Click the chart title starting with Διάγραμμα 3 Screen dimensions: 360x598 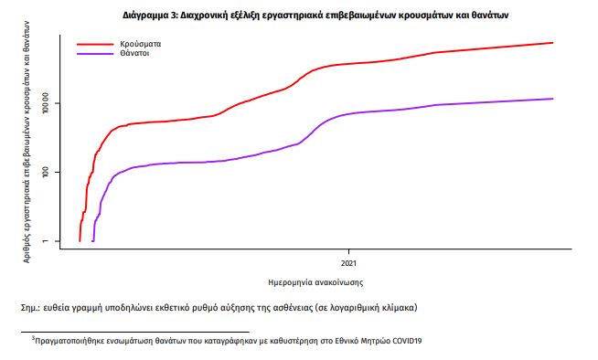point(315,16)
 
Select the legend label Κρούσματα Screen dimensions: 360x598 point(140,43)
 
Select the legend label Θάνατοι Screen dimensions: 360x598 point(133,54)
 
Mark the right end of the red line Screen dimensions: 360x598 point(553,43)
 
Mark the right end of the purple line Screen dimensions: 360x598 point(553,99)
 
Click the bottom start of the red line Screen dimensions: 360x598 point(80,241)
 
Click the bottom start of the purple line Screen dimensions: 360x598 point(93,241)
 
